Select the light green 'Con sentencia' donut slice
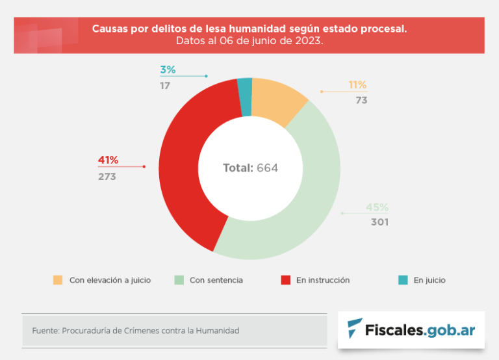coord(305,201)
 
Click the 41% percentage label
coord(108,161)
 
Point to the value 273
coord(107,176)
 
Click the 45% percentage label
coord(377,207)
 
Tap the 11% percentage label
coord(357,85)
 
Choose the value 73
coord(361,101)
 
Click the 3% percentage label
coord(168,70)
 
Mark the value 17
coord(166,85)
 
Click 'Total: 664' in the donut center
coord(250,168)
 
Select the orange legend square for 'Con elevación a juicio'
coord(58,280)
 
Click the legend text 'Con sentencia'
coord(216,280)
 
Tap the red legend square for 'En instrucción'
coord(285,280)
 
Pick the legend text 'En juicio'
coord(429,280)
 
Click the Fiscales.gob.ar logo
coord(411,330)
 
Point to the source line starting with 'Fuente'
coord(136,331)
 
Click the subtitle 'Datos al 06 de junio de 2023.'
coord(249,40)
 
